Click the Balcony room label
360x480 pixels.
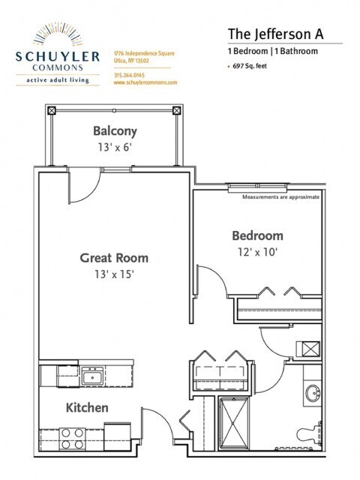pos(115,131)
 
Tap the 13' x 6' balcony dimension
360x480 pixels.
pos(115,147)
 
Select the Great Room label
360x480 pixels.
pos(114,258)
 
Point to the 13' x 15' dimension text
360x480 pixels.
pos(114,274)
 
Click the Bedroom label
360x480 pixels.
pos(257,236)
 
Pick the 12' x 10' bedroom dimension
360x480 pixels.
pos(258,252)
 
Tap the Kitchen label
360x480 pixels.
pos(87,408)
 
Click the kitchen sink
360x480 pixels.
pos(93,376)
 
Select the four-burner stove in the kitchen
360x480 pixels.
pos(73,438)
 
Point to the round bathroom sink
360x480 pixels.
pos(313,392)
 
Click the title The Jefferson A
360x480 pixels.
pos(275,34)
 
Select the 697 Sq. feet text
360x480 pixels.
pos(250,66)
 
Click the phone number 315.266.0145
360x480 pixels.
pos(129,75)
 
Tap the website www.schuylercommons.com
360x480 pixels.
pos(145,82)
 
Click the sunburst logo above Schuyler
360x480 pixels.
pos(58,34)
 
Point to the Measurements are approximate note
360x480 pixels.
pos(280,196)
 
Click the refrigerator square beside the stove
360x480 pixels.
pos(118,436)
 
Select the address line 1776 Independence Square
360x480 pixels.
pos(144,53)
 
